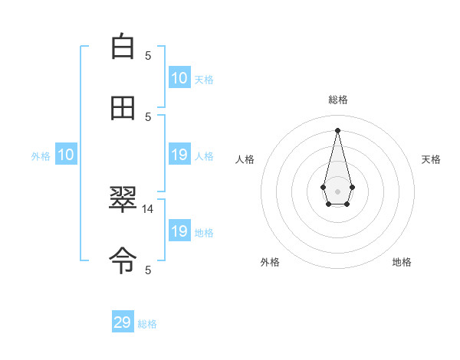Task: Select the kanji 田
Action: pos(123,108)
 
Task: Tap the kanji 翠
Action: pos(123,201)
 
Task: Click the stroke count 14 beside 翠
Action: pos(148,208)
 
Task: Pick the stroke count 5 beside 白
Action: pos(148,55)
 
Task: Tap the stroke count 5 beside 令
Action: pos(148,270)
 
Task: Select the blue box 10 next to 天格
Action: pos(179,78)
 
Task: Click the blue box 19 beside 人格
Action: pos(179,155)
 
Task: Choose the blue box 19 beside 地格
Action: pos(179,231)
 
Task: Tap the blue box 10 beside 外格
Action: pos(66,155)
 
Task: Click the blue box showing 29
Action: pos(123,322)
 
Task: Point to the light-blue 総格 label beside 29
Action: pos(147,324)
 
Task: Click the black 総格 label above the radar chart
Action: pos(337,100)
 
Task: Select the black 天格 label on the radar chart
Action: pos(431,159)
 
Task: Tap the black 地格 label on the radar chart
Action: pos(402,262)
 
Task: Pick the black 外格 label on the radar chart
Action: pos(270,262)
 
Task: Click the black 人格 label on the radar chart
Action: pos(245,159)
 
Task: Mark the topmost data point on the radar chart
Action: pos(337,130)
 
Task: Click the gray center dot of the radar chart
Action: pos(337,190)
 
